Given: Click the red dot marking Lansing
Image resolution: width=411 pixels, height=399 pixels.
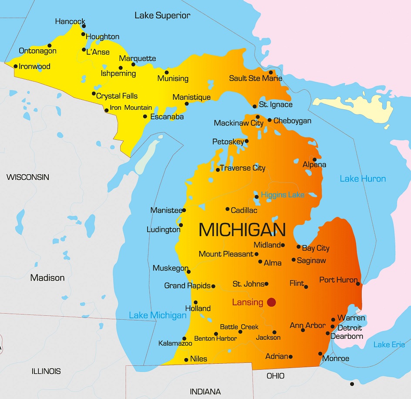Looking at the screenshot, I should (x=272, y=302).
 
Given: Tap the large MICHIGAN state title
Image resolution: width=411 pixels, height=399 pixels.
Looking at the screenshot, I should (x=242, y=230).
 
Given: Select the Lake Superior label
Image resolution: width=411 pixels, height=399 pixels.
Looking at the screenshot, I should (x=162, y=16).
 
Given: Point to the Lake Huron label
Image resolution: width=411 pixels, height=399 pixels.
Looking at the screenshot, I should (x=363, y=179).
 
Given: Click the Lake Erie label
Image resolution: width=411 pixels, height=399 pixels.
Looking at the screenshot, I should (x=389, y=345).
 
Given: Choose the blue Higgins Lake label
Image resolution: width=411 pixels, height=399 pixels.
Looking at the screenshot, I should (x=283, y=195).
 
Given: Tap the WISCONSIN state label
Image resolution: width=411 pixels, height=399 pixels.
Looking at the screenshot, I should (x=28, y=177).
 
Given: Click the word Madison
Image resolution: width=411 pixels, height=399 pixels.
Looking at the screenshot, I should (x=47, y=278).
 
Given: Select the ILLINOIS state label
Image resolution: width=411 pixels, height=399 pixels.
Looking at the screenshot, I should (x=46, y=372).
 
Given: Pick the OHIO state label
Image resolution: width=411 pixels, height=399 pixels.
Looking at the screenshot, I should (x=276, y=375).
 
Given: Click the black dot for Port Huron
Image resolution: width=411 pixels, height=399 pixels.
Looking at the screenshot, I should (x=358, y=284).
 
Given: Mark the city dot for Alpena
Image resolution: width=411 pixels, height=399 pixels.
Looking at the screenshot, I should (x=314, y=159).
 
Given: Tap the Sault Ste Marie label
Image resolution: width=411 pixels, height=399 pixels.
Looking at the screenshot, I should (x=256, y=78).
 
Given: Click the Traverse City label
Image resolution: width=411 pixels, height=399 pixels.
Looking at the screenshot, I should (x=243, y=168).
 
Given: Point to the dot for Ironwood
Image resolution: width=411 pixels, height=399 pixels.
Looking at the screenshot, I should (x=16, y=67).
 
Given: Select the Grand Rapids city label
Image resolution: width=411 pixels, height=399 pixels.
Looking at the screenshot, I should (x=187, y=286).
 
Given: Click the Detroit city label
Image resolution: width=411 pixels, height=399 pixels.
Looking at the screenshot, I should (x=350, y=328).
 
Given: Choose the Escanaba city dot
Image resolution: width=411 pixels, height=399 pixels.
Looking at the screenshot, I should (x=145, y=116).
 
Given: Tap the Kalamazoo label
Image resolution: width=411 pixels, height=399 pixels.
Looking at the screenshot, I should (x=175, y=343).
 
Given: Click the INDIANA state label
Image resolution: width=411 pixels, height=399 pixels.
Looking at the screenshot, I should (x=205, y=392).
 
